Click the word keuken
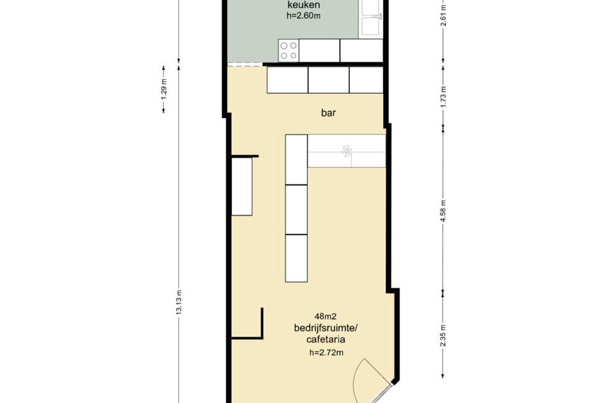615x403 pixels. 303,5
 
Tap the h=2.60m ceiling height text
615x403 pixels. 303,16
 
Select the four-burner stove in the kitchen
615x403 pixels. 288,51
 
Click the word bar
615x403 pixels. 328,113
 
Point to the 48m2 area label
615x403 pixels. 326,316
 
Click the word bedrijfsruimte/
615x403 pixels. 326,327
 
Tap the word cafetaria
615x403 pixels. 326,339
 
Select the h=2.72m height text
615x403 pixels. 327,353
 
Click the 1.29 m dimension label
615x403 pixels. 164,89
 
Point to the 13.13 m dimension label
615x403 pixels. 179,302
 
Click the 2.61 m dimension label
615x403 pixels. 443,16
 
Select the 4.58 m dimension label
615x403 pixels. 443,211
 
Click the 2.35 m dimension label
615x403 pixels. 443,336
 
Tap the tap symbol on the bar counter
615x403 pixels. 346,151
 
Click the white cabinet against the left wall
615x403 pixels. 242,187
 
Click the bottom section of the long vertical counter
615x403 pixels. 296,258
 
